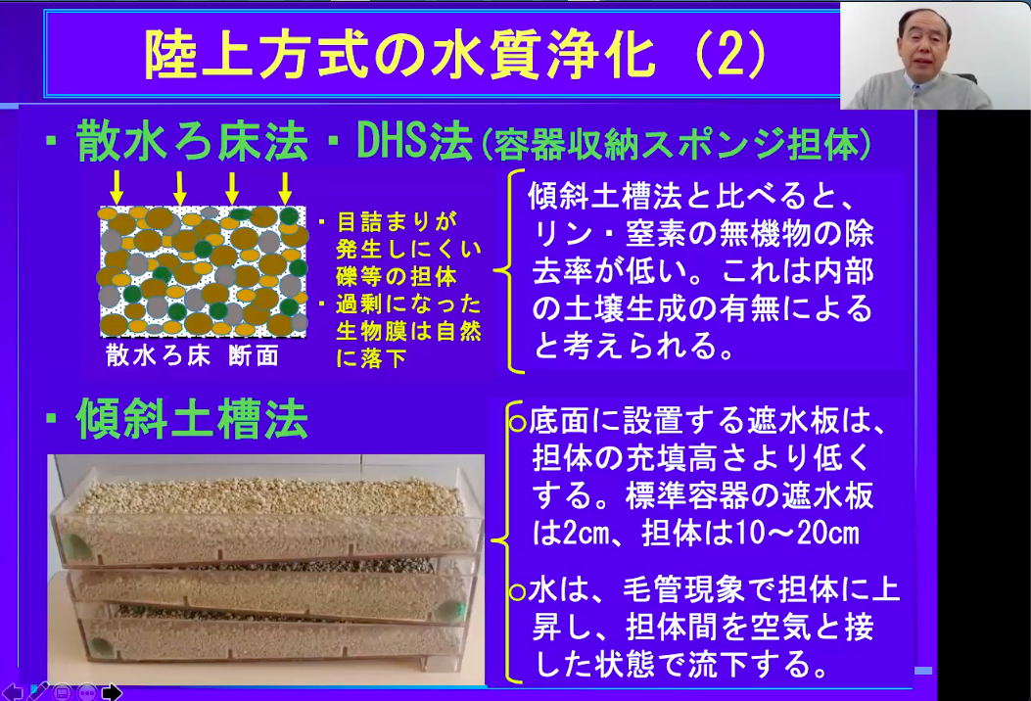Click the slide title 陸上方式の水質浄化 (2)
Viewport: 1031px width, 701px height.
[455, 55]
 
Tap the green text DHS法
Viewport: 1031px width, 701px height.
[414, 141]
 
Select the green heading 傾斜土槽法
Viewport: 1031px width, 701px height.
[192, 420]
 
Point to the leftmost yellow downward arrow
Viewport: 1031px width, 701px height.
[117, 188]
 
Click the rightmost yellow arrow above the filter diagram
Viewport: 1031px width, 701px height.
[285, 188]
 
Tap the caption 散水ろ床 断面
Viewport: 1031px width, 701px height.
[193, 355]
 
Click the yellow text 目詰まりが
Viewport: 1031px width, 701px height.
[397, 221]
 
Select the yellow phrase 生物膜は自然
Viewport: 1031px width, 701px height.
[408, 331]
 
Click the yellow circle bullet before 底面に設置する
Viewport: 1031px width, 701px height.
[518, 423]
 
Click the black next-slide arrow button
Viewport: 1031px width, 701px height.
[111, 692]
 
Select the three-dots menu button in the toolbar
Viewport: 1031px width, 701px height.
[87, 692]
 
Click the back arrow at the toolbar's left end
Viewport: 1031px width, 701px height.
[13, 692]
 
